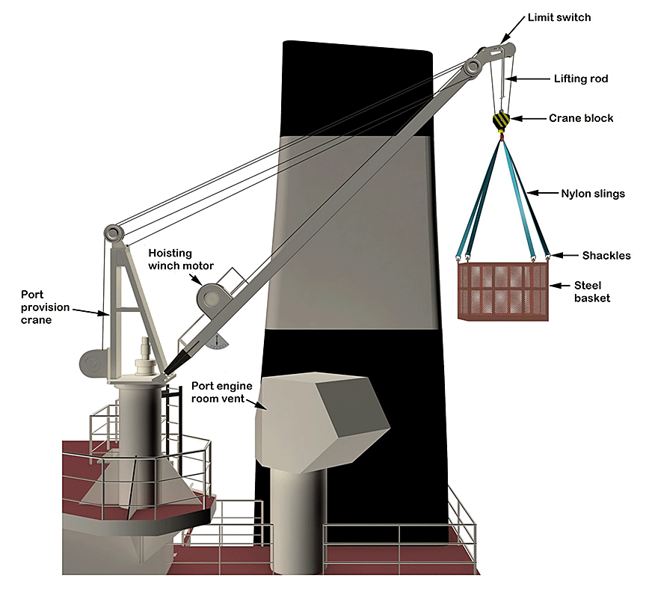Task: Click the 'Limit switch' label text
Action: click(x=559, y=17)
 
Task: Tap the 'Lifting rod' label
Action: click(x=581, y=78)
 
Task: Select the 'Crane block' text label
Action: click(x=581, y=118)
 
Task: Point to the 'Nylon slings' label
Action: click(x=593, y=194)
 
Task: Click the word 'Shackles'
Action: click(x=606, y=256)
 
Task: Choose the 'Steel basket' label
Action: click(x=592, y=292)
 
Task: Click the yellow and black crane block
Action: click(x=501, y=120)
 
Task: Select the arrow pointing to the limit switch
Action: click(x=514, y=30)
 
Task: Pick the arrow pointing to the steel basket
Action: click(x=559, y=285)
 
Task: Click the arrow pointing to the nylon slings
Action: click(x=545, y=194)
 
